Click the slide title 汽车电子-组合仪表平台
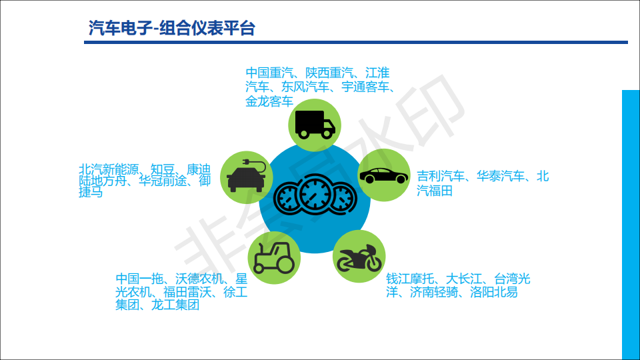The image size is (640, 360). [x=171, y=27]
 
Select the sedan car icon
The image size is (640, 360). [x=384, y=175]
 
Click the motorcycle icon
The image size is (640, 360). [x=359, y=256]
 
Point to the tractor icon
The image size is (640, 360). [x=272, y=257]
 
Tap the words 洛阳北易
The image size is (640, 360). [x=493, y=292]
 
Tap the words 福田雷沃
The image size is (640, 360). [x=187, y=292]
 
